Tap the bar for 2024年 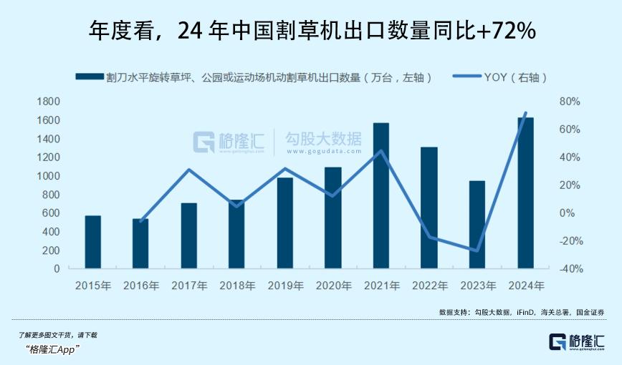coord(525,193)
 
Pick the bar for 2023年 coord(477,225)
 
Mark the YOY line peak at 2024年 coord(526,113)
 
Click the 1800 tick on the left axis coord(49,102)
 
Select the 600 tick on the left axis coord(52,213)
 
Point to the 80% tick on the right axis coord(568,102)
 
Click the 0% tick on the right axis coord(567,213)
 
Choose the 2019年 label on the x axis coord(285,286)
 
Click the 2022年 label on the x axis coord(429,286)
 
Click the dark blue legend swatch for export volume coord(89,77)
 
